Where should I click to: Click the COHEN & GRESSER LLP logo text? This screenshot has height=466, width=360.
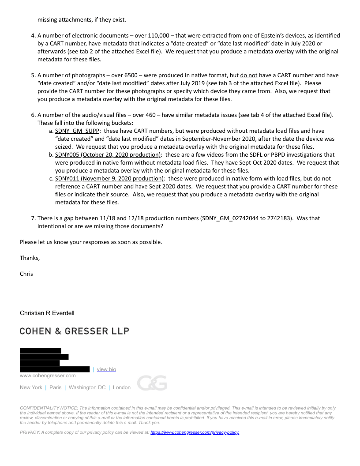74,331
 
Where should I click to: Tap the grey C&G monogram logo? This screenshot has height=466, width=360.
152,383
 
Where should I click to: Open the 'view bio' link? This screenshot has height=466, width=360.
106,369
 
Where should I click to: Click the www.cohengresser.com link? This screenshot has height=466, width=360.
48,376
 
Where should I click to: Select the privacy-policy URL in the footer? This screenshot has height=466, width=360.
195,432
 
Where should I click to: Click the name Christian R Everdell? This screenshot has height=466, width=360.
47,313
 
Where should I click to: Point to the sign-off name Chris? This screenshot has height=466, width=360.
26,274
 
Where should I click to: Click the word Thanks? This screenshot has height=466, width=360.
30,258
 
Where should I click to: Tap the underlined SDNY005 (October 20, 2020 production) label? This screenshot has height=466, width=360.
108,155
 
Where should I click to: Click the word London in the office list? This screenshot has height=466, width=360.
122,387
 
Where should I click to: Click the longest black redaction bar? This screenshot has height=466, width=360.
55,369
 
